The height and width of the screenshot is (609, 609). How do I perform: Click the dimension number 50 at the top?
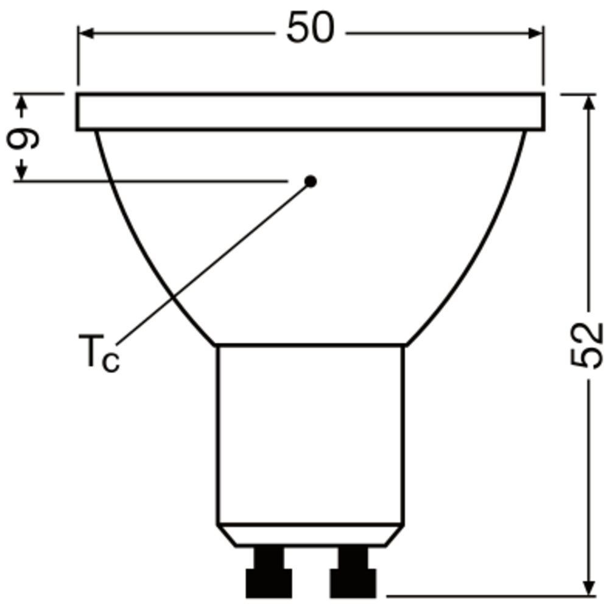click(x=310, y=29)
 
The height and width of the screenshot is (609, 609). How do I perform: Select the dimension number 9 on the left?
click(x=23, y=138)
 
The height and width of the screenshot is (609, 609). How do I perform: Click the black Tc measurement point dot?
click(x=311, y=181)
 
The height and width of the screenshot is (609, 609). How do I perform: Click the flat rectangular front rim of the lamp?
click(x=310, y=112)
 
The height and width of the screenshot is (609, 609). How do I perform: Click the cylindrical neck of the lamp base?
click(x=310, y=432)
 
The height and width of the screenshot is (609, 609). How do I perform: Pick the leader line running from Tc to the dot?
click(x=213, y=262)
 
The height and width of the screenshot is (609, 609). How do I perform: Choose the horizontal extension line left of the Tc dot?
click(x=152, y=181)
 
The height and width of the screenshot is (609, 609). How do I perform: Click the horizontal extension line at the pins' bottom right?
click(x=487, y=596)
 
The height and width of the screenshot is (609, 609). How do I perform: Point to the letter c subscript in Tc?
click(x=110, y=362)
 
